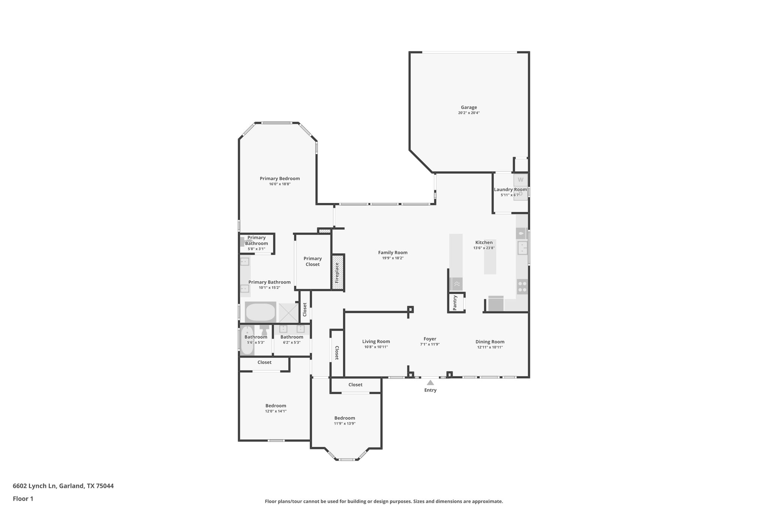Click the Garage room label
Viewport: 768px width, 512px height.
point(469,107)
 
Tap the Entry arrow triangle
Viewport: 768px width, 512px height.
point(430,383)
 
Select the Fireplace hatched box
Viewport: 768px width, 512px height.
point(337,272)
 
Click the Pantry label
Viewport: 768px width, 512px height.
point(455,303)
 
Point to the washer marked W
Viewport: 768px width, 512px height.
point(520,180)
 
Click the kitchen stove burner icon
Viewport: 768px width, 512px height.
point(522,287)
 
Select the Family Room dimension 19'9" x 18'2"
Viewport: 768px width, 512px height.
point(393,258)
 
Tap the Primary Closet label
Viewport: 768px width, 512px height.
point(312,261)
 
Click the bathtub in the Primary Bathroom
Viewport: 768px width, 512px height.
point(260,312)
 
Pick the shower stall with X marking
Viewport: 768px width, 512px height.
point(289,312)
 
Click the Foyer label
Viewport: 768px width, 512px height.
point(430,339)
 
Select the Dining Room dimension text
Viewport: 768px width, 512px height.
point(490,347)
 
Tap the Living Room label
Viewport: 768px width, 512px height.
point(376,341)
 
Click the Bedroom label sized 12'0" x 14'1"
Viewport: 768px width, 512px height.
point(276,405)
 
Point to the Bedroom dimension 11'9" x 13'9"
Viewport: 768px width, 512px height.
point(345,423)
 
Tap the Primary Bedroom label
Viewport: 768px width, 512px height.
point(280,179)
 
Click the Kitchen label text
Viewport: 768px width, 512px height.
point(484,242)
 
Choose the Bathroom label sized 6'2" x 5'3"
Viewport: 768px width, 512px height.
point(292,337)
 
